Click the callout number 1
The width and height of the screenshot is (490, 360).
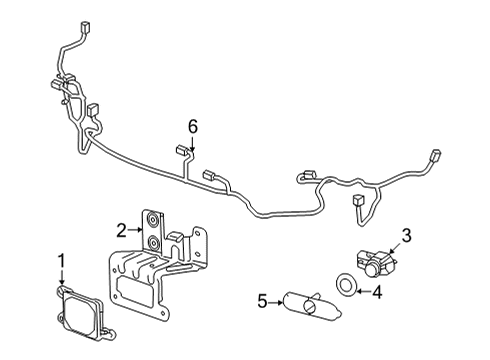tap(61, 261)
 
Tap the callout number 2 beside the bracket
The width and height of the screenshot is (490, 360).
tap(122, 229)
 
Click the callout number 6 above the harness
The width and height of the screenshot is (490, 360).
tap(193, 125)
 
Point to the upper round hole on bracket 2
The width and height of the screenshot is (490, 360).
tap(154, 222)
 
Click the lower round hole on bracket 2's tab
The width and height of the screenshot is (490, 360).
tap(154, 242)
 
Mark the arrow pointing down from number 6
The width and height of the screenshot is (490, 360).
tap(192, 143)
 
